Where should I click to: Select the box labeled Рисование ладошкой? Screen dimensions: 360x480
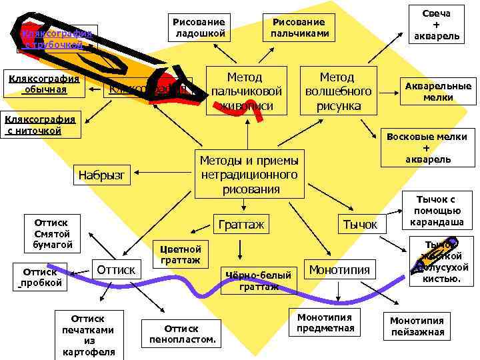[x=197, y=27]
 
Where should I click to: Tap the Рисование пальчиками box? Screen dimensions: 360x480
[x=298, y=27]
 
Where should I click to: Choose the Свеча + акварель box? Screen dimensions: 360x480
[x=436, y=25]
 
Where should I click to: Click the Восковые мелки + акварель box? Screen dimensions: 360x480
[x=427, y=147]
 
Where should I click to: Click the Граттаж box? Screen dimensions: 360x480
[x=241, y=225]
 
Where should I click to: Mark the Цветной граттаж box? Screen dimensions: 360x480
[x=181, y=255]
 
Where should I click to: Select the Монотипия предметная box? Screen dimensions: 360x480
[x=325, y=323]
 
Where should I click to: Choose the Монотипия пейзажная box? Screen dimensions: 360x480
[x=417, y=327]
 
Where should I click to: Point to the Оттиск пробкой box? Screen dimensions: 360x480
[x=43, y=277]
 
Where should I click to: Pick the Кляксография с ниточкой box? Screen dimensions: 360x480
[x=40, y=125]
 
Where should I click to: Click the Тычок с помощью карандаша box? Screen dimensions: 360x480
[x=436, y=210]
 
